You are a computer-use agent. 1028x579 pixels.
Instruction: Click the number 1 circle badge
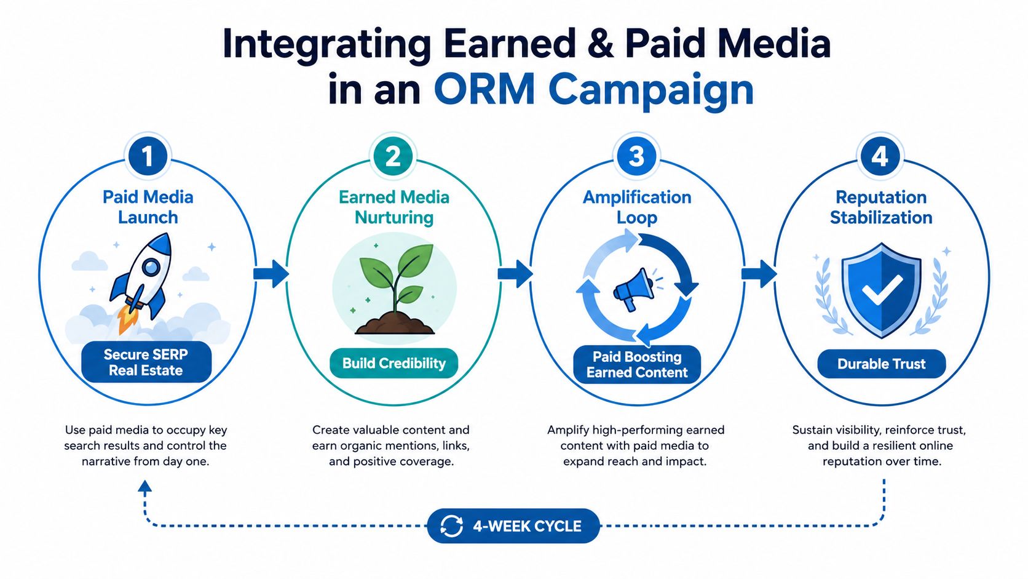(x=148, y=156)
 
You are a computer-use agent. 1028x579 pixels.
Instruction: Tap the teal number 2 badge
(x=393, y=156)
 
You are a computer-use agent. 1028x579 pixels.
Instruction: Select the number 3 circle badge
(x=636, y=156)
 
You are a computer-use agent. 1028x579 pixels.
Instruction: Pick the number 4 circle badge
(x=880, y=156)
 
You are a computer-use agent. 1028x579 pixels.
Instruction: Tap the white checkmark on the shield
(x=882, y=290)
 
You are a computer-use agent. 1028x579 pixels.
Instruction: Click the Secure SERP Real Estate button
(x=146, y=362)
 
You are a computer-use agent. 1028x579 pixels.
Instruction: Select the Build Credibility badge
(x=393, y=363)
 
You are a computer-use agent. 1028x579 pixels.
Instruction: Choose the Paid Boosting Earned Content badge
(x=637, y=364)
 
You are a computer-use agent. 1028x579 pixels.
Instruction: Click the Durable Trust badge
(x=882, y=364)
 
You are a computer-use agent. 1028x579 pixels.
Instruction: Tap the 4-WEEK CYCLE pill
(x=513, y=525)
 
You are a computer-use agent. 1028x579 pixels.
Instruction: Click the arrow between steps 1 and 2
(x=271, y=274)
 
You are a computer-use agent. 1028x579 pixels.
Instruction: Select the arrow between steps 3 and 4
(x=759, y=274)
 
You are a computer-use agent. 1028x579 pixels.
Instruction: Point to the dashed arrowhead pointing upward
(x=144, y=487)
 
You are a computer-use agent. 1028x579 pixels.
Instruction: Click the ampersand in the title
(x=600, y=44)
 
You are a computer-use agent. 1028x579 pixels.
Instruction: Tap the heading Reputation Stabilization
(x=881, y=207)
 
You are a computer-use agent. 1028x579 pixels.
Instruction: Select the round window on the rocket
(x=151, y=266)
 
